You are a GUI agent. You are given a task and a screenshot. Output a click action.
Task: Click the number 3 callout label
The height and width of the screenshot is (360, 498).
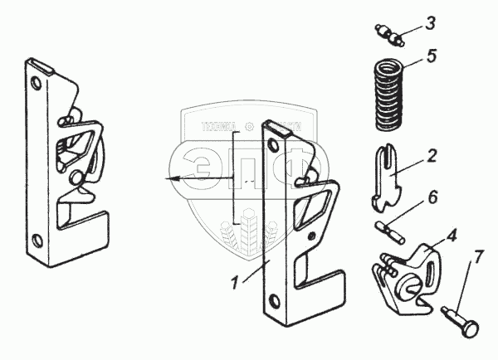click(x=430, y=22)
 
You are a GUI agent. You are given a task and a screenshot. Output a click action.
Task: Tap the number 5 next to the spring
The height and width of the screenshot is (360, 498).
click(x=430, y=57)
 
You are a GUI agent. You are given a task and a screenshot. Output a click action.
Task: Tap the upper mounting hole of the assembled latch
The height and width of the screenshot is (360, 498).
click(x=36, y=84)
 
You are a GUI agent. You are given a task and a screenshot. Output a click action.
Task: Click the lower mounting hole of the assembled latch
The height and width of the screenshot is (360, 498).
click(x=36, y=241)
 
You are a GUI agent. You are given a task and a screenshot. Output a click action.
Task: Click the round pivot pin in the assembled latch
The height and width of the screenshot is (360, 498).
click(x=76, y=176)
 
